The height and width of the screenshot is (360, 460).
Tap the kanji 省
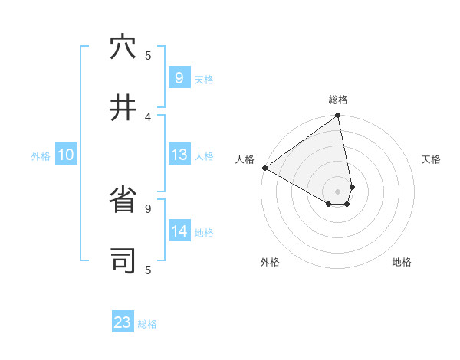[x=123, y=201]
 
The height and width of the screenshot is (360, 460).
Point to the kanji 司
[x=123, y=260]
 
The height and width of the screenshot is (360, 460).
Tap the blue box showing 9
[x=179, y=77]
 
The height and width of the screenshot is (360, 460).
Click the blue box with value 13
[x=179, y=155]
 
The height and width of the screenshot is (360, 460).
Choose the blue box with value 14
[x=179, y=231]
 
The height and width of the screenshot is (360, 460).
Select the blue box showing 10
[x=66, y=155]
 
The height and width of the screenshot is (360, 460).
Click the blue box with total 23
[x=123, y=322]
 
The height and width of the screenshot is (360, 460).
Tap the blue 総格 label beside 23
[x=147, y=324]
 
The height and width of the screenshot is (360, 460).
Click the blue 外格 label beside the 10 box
[x=41, y=156]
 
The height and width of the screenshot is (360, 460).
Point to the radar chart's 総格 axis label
[x=338, y=100]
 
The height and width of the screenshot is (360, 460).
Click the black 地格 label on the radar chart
[x=402, y=262]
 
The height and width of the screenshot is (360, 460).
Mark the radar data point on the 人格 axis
[x=264, y=168]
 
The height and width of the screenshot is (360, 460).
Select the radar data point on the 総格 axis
[x=337, y=116]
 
